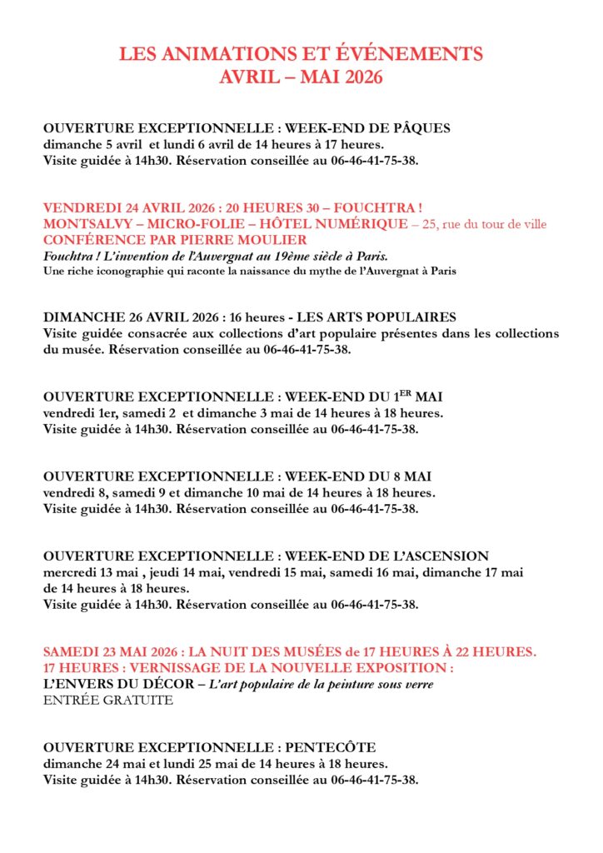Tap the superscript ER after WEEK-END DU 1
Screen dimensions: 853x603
(x=409, y=393)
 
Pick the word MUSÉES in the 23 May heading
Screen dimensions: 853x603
(x=311, y=651)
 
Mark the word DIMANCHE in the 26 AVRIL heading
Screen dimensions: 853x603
(x=81, y=317)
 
